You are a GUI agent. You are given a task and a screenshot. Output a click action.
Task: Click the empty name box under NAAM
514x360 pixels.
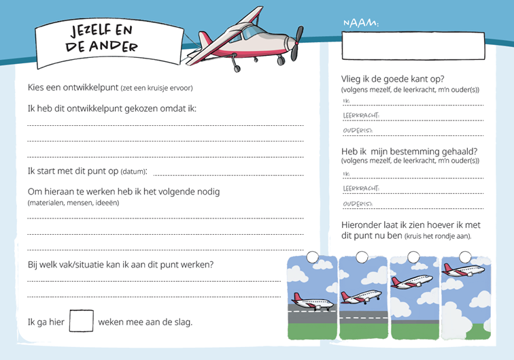[413, 46]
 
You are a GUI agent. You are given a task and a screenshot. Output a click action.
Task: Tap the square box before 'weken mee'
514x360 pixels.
[82, 321]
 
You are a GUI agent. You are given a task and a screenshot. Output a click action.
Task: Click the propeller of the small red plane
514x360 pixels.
[295, 44]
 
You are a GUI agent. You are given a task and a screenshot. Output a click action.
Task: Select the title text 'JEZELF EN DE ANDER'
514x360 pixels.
[102, 38]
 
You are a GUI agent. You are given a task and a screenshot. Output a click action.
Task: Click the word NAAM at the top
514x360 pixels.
[360, 24]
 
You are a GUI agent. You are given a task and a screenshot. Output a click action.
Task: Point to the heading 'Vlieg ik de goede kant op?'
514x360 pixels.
[393, 79]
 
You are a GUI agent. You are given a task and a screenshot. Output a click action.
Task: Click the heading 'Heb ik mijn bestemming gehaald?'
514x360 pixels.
[409, 151]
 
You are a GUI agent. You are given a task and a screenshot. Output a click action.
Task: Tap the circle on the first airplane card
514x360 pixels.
[312, 257]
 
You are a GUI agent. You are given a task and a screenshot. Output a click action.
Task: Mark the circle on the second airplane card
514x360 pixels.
[361, 257]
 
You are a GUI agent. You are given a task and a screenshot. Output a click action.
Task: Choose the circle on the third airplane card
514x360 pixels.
[413, 257]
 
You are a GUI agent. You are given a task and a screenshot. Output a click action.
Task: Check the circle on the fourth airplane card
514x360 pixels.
[465, 257]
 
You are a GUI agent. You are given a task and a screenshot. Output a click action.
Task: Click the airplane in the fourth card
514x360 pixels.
[465, 269]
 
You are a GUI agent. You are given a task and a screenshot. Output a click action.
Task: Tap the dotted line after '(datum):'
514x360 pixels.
[228, 174]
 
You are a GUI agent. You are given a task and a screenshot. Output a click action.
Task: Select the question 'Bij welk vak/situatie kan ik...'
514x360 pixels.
[120, 264]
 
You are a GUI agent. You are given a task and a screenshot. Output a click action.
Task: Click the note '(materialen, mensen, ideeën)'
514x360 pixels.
[73, 203]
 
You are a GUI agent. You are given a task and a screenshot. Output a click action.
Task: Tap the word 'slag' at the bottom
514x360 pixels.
[182, 321]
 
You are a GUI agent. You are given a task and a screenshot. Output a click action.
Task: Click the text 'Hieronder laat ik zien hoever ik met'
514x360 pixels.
[411, 225]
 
